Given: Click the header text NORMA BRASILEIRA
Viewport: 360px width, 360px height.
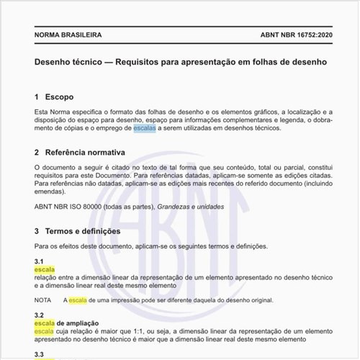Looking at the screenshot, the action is pos(68,35).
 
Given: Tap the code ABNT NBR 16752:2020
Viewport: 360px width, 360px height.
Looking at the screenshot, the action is pos(293,35).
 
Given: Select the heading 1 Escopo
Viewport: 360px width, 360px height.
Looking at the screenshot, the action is pos(53,96).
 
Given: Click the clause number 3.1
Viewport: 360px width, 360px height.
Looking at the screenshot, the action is pos(39,261).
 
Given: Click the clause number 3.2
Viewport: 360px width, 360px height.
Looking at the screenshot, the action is pos(39,315).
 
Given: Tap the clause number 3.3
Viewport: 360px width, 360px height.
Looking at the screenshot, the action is pos(39,354).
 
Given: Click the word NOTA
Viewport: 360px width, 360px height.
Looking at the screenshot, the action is pos(42,300).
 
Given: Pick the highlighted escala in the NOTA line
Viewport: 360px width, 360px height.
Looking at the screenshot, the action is pos(77,300).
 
